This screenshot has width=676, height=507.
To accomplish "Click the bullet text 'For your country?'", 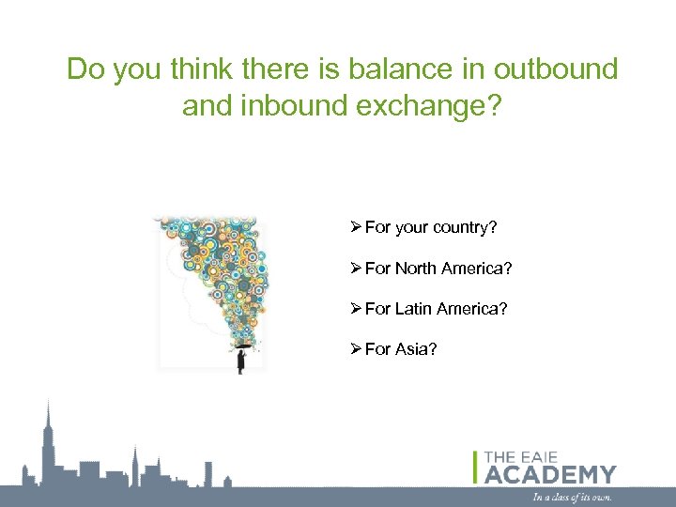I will click(430, 227).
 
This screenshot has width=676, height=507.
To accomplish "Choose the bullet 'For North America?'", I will click(438, 269).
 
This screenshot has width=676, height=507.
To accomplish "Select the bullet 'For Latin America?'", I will click(436, 309).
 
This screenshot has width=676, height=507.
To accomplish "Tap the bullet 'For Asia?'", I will click(401, 349).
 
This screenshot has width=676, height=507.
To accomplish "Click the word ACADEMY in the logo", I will click(550, 474).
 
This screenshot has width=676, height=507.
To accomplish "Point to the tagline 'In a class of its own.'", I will click(572, 497).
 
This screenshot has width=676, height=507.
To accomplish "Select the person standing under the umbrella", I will click(241, 361).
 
